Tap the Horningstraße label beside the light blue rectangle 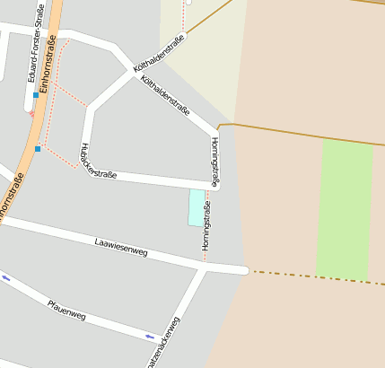(206, 226)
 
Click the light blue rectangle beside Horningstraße (196, 207)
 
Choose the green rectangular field (345, 210)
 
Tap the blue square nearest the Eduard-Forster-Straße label (36, 94)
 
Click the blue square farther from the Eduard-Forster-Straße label (38, 148)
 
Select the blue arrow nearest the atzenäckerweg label (150, 337)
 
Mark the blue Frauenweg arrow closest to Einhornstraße (6, 278)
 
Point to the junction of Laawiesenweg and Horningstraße (205, 266)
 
